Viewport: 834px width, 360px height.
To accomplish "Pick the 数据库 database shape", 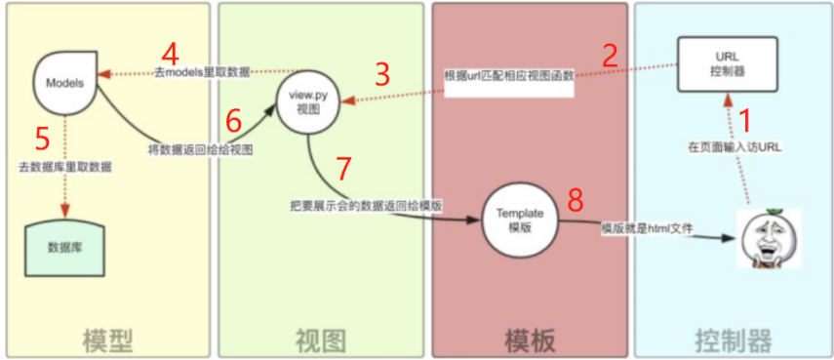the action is [x=65, y=244].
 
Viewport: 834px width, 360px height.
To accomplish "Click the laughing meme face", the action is [x=768, y=240].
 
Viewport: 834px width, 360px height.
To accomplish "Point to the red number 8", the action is [x=576, y=201].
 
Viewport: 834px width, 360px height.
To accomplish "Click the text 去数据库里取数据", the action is [x=64, y=167].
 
